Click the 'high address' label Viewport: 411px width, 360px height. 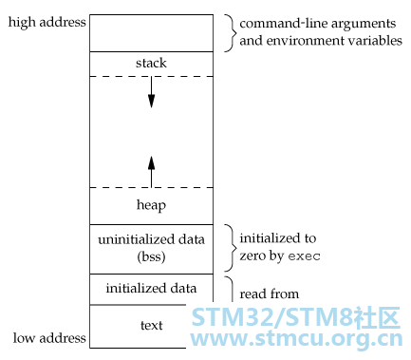pyautogui.click(x=47, y=23)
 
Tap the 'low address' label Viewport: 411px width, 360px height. pyautogui.click(x=49, y=338)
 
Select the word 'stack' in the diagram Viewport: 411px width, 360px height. pyautogui.click(x=151, y=63)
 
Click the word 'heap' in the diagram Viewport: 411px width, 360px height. pyautogui.click(x=151, y=205)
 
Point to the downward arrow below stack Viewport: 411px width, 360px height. pyautogui.click(x=151, y=92)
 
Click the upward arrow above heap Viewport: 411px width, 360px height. pyautogui.click(x=151, y=172)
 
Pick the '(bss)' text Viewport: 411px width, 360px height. pyautogui.click(x=151, y=256)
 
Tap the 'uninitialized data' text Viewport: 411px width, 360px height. pyautogui.click(x=151, y=239)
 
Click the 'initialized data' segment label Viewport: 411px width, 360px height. pyautogui.click(x=151, y=289)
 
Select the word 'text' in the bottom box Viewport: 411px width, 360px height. pyautogui.click(x=151, y=325)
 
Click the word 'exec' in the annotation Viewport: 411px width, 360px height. pyautogui.click(x=305, y=256)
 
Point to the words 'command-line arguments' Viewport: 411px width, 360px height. pyautogui.click(x=318, y=24)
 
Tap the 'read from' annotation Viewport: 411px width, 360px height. pyautogui.click(x=270, y=294)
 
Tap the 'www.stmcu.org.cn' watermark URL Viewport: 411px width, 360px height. pyautogui.click(x=296, y=339)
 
